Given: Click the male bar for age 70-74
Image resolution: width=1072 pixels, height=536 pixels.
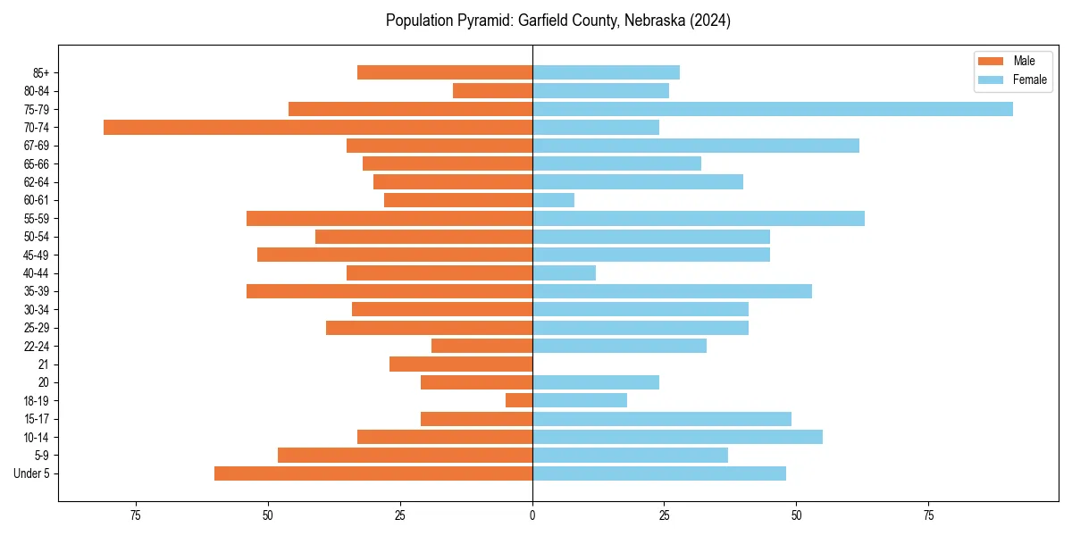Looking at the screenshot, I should click(318, 128).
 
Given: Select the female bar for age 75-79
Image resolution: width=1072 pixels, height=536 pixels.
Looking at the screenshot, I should click(773, 109).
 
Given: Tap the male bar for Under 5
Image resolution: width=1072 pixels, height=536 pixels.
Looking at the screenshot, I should click(373, 473).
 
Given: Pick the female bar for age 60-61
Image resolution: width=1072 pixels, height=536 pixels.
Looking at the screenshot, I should click(554, 200).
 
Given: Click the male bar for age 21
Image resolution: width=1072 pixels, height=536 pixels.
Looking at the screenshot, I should click(461, 364).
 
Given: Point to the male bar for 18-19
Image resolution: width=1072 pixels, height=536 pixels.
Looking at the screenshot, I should click(519, 400).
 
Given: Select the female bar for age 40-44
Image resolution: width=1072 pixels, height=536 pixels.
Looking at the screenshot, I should click(565, 273).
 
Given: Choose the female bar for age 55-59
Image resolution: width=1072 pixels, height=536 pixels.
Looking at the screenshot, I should click(699, 219).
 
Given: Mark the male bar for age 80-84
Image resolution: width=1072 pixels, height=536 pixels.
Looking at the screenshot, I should click(493, 91).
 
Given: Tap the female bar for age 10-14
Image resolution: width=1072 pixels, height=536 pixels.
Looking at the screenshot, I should click(678, 437).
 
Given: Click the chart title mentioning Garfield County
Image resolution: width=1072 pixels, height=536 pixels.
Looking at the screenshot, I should click(558, 21).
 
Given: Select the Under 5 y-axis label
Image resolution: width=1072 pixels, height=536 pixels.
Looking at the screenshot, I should click(32, 473).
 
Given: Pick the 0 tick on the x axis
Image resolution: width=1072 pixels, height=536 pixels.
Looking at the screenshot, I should click(532, 515).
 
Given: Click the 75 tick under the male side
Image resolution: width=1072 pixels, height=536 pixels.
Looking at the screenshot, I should click(136, 515).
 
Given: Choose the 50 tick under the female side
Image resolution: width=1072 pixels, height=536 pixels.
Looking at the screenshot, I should click(796, 515).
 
